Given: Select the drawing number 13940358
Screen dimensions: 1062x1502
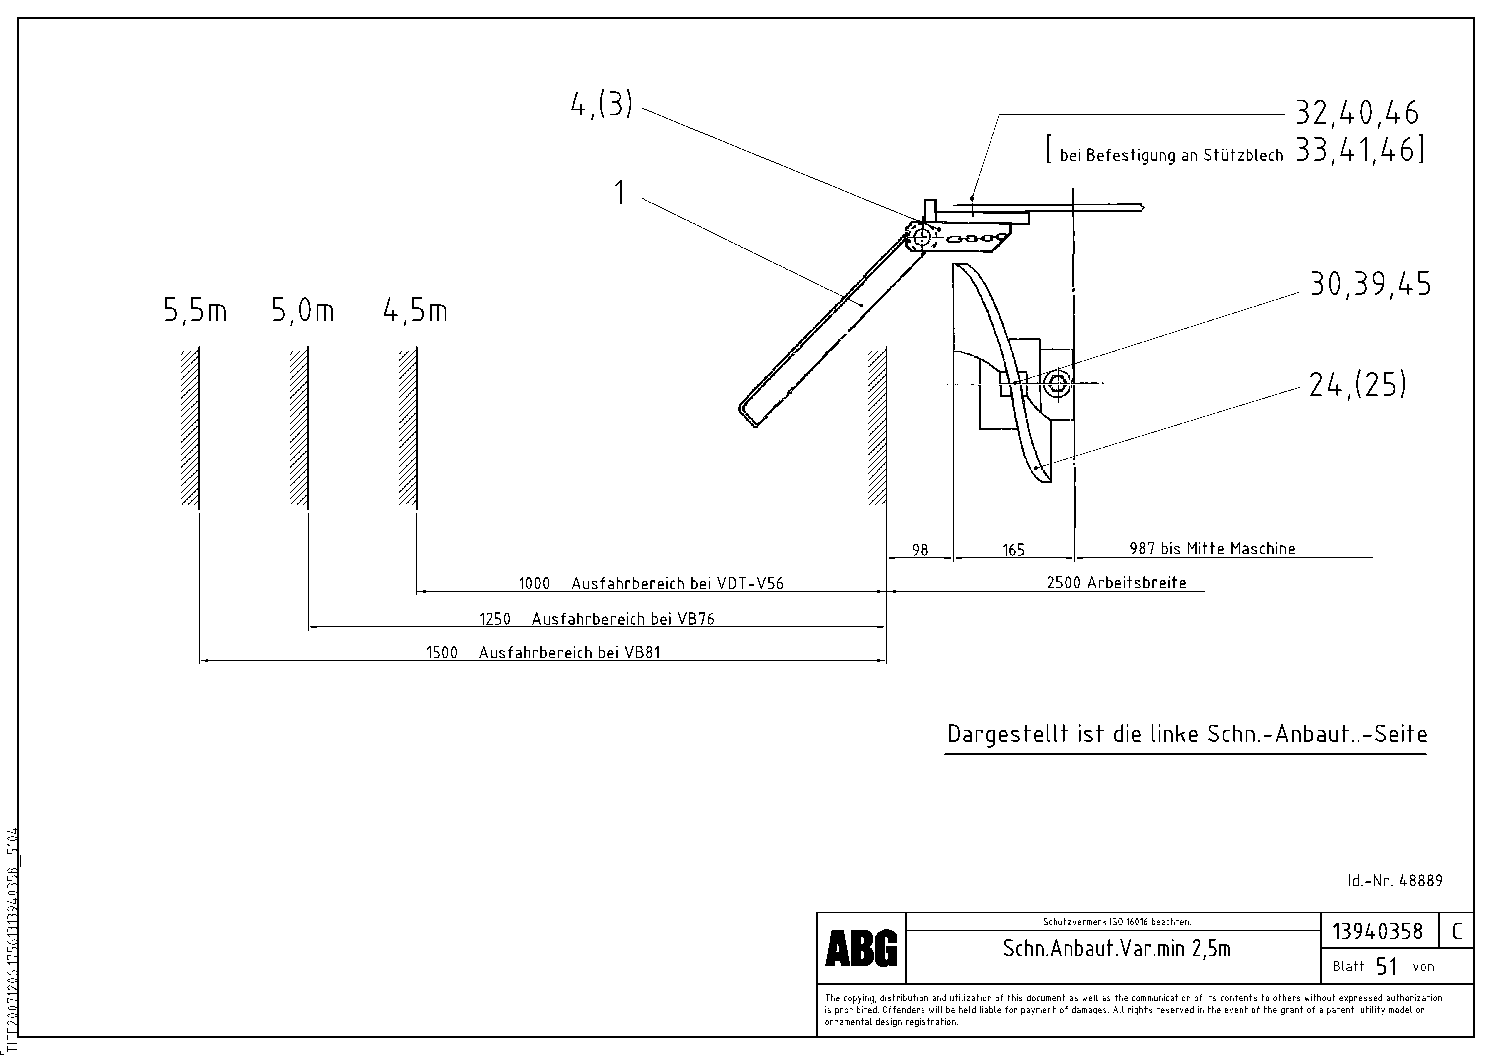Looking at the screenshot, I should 1378,931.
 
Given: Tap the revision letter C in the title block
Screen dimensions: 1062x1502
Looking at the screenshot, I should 1456,931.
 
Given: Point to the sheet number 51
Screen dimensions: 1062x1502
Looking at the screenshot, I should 1386,967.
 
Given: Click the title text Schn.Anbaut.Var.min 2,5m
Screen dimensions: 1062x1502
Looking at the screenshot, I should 1117,949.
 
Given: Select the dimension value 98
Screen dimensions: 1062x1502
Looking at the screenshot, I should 920,550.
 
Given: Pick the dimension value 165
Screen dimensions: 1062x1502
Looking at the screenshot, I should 1013,550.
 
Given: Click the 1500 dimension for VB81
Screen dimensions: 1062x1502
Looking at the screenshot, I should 442,653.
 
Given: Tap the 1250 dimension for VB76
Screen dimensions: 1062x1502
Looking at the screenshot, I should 495,619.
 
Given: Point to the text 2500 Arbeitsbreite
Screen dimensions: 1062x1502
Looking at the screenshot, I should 1116,583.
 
